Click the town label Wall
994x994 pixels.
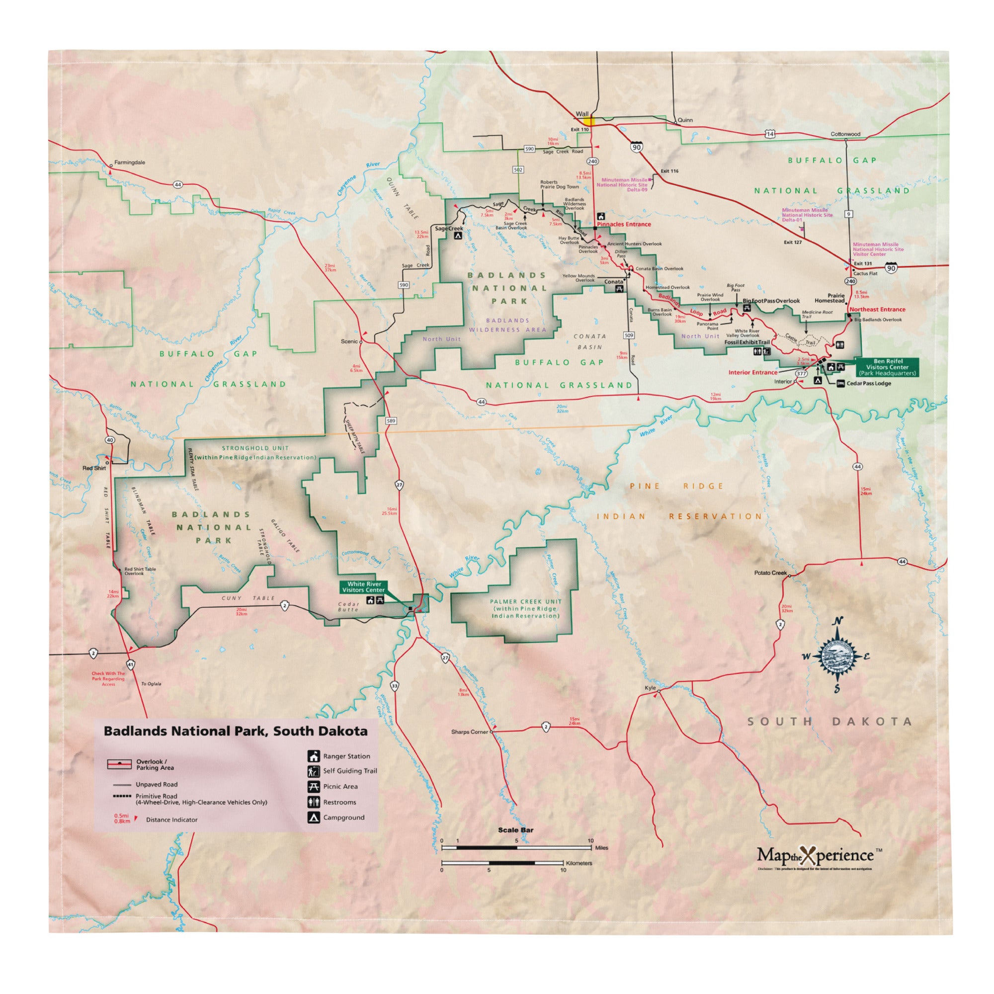tap(582, 114)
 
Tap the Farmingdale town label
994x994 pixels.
tap(129, 163)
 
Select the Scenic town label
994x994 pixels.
tap(349, 341)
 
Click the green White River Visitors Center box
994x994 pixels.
tap(364, 587)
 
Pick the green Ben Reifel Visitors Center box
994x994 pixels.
tap(888, 367)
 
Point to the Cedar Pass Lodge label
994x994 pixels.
tap(868, 383)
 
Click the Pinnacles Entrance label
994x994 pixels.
tap(624, 224)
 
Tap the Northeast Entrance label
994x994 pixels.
tap(877, 310)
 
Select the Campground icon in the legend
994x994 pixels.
tap(313, 818)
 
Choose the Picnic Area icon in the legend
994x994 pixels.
tap(313, 786)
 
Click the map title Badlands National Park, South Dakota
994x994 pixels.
tap(236, 731)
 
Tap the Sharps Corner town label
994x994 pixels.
tap(469, 732)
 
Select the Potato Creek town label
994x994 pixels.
tap(770, 573)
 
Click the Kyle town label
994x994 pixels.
tap(650, 688)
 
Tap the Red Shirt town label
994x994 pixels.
tap(94, 468)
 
